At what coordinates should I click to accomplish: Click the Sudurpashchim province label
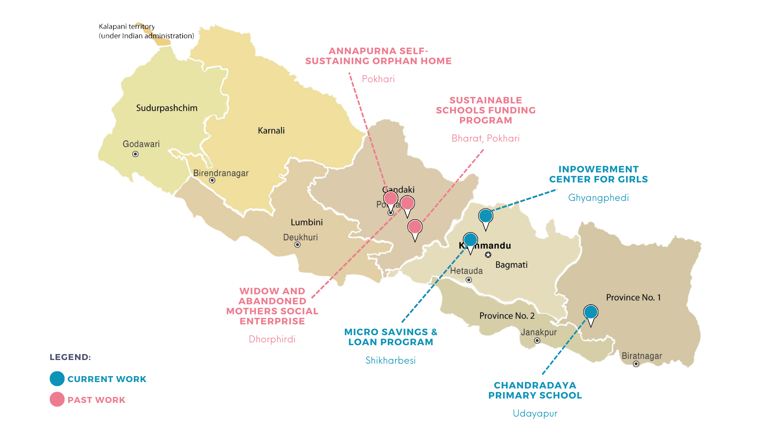[x=166, y=108]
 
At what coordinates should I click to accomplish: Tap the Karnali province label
[x=271, y=130]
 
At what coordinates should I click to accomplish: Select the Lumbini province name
[x=306, y=222]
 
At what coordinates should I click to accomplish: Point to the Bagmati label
[x=511, y=265]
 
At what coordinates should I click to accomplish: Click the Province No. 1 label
[x=633, y=297]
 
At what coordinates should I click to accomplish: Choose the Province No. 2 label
[x=507, y=316]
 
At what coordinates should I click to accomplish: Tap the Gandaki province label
[x=399, y=190]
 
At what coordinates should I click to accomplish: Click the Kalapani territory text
[x=127, y=26]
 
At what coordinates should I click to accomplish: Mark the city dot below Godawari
[x=136, y=154]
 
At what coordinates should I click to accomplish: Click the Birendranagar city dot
[x=212, y=180]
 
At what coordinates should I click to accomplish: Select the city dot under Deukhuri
[x=298, y=245]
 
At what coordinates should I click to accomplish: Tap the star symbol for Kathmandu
[x=488, y=255]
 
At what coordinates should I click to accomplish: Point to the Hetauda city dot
[x=468, y=280]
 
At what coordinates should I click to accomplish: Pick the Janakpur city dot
[x=537, y=341]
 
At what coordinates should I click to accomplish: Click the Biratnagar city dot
[x=636, y=364]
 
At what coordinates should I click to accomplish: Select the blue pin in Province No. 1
[x=591, y=312]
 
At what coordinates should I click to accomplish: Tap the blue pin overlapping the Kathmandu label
[x=470, y=240]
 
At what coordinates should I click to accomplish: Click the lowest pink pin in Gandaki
[x=415, y=227]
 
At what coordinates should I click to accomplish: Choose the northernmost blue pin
[x=486, y=216]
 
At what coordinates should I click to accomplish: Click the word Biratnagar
[x=642, y=356]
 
